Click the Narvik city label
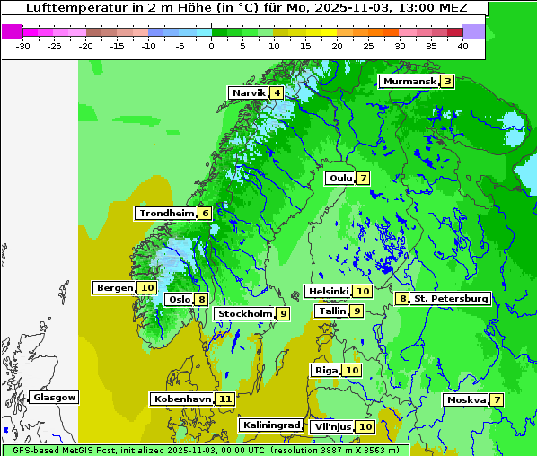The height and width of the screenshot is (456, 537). pyautogui.click(x=249, y=93)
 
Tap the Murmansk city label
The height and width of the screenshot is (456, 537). pyautogui.click(x=409, y=82)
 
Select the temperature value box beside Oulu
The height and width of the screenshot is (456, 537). pyautogui.click(x=363, y=178)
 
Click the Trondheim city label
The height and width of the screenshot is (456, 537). pyautogui.click(x=167, y=214)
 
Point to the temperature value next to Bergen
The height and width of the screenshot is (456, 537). pyautogui.click(x=147, y=288)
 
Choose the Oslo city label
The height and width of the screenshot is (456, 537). pyautogui.click(x=180, y=300)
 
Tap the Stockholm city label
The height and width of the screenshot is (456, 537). pyautogui.click(x=244, y=313)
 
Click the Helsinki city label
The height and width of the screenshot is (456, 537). pyautogui.click(x=328, y=292)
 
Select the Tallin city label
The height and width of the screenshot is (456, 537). pyautogui.click(x=332, y=311)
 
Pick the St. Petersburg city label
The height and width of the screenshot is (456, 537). pyautogui.click(x=451, y=299)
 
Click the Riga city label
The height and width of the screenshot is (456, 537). pyautogui.click(x=326, y=371)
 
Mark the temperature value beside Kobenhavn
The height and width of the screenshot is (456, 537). pyautogui.click(x=225, y=399)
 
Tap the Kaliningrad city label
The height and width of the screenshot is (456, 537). pyautogui.click(x=270, y=425)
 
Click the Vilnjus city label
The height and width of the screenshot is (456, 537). pyautogui.click(x=330, y=426)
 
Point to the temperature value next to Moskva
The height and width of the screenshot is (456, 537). pyautogui.click(x=497, y=399)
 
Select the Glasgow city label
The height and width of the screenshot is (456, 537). pyautogui.click(x=55, y=398)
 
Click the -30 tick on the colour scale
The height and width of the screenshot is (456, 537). pyautogui.click(x=23, y=45)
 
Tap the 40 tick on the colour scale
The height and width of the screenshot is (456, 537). pyautogui.click(x=462, y=45)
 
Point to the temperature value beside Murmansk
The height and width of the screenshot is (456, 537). pyautogui.click(x=447, y=82)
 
